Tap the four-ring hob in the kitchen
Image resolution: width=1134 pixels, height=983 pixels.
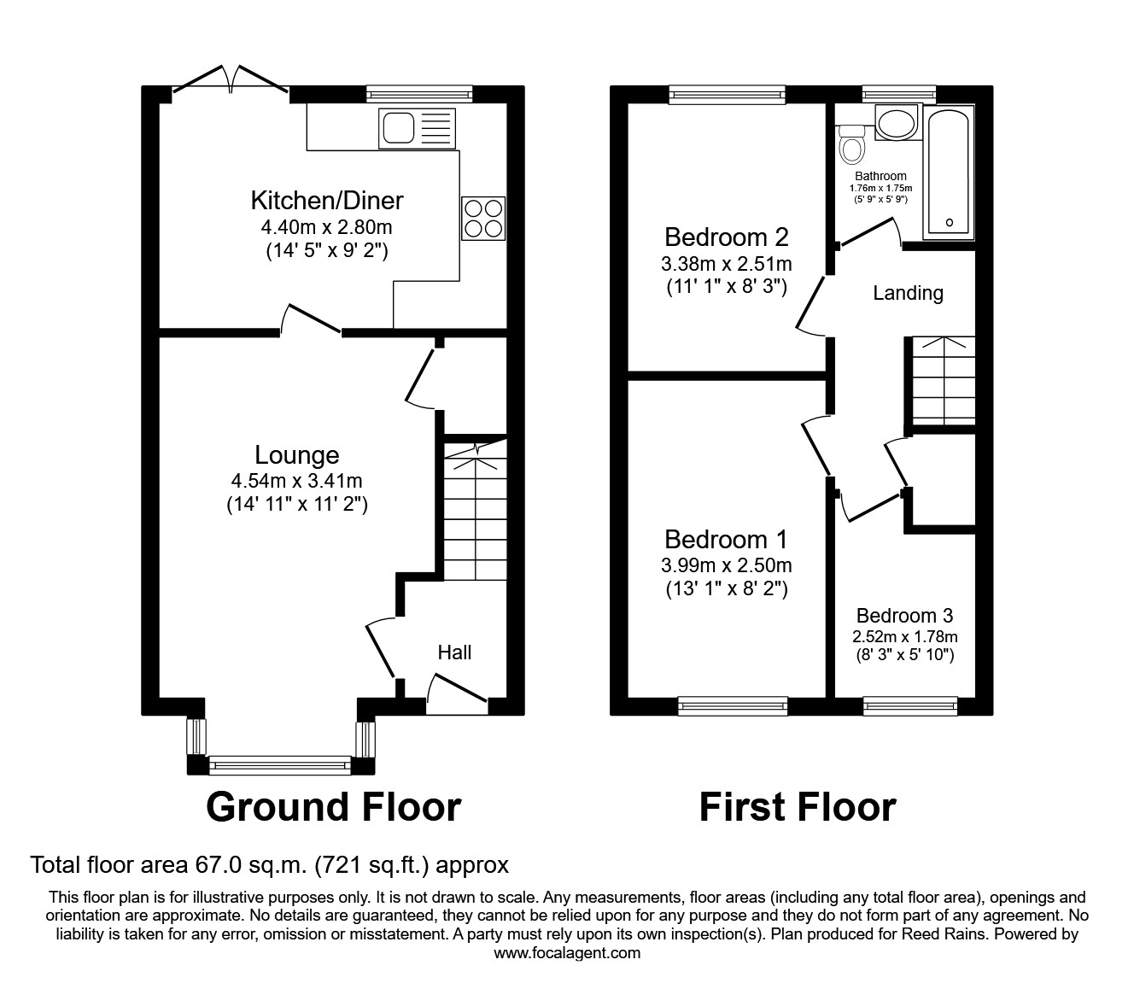coord(483,217)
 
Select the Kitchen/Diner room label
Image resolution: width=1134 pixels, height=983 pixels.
coord(326,201)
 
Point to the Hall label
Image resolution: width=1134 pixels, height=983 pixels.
coord(454,652)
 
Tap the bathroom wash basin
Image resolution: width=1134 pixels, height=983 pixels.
coord(895,124)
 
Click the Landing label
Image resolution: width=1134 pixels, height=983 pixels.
coord(908,293)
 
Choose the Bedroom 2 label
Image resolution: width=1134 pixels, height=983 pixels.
coord(726,236)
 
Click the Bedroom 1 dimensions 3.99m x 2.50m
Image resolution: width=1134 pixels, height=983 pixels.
coord(726,565)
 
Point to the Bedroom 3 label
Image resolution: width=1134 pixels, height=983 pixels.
coord(904,616)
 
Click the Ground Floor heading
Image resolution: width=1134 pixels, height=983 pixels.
coord(333,807)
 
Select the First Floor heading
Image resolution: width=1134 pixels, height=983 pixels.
coord(798,807)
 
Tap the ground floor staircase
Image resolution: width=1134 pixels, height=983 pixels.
coord(475,511)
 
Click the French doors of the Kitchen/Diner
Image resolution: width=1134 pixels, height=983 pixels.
coord(231,79)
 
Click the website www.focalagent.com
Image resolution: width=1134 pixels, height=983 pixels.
coord(567,953)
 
